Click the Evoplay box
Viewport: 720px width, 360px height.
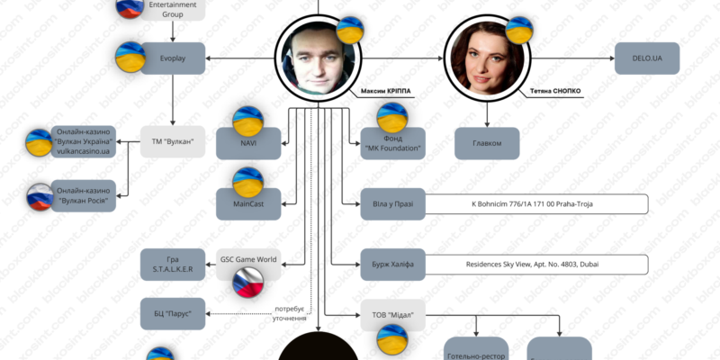click(x=174, y=59)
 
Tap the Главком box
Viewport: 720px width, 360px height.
click(x=487, y=143)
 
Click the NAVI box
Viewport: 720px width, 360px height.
click(x=249, y=142)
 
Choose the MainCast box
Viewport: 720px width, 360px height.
click(x=249, y=204)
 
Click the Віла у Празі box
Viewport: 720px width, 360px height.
click(x=392, y=204)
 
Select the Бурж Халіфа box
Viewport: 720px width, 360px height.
click(x=392, y=265)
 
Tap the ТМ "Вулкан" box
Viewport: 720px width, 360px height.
click(x=174, y=142)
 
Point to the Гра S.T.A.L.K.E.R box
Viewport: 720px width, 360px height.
click(x=174, y=265)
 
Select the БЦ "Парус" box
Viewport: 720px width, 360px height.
click(x=174, y=312)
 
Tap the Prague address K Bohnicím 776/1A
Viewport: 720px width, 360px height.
click(x=537, y=204)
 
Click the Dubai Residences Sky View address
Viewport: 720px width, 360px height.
click(x=537, y=265)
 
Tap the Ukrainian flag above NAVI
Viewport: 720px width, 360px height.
click(x=247, y=120)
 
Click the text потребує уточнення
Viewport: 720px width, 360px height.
click(x=290, y=314)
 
